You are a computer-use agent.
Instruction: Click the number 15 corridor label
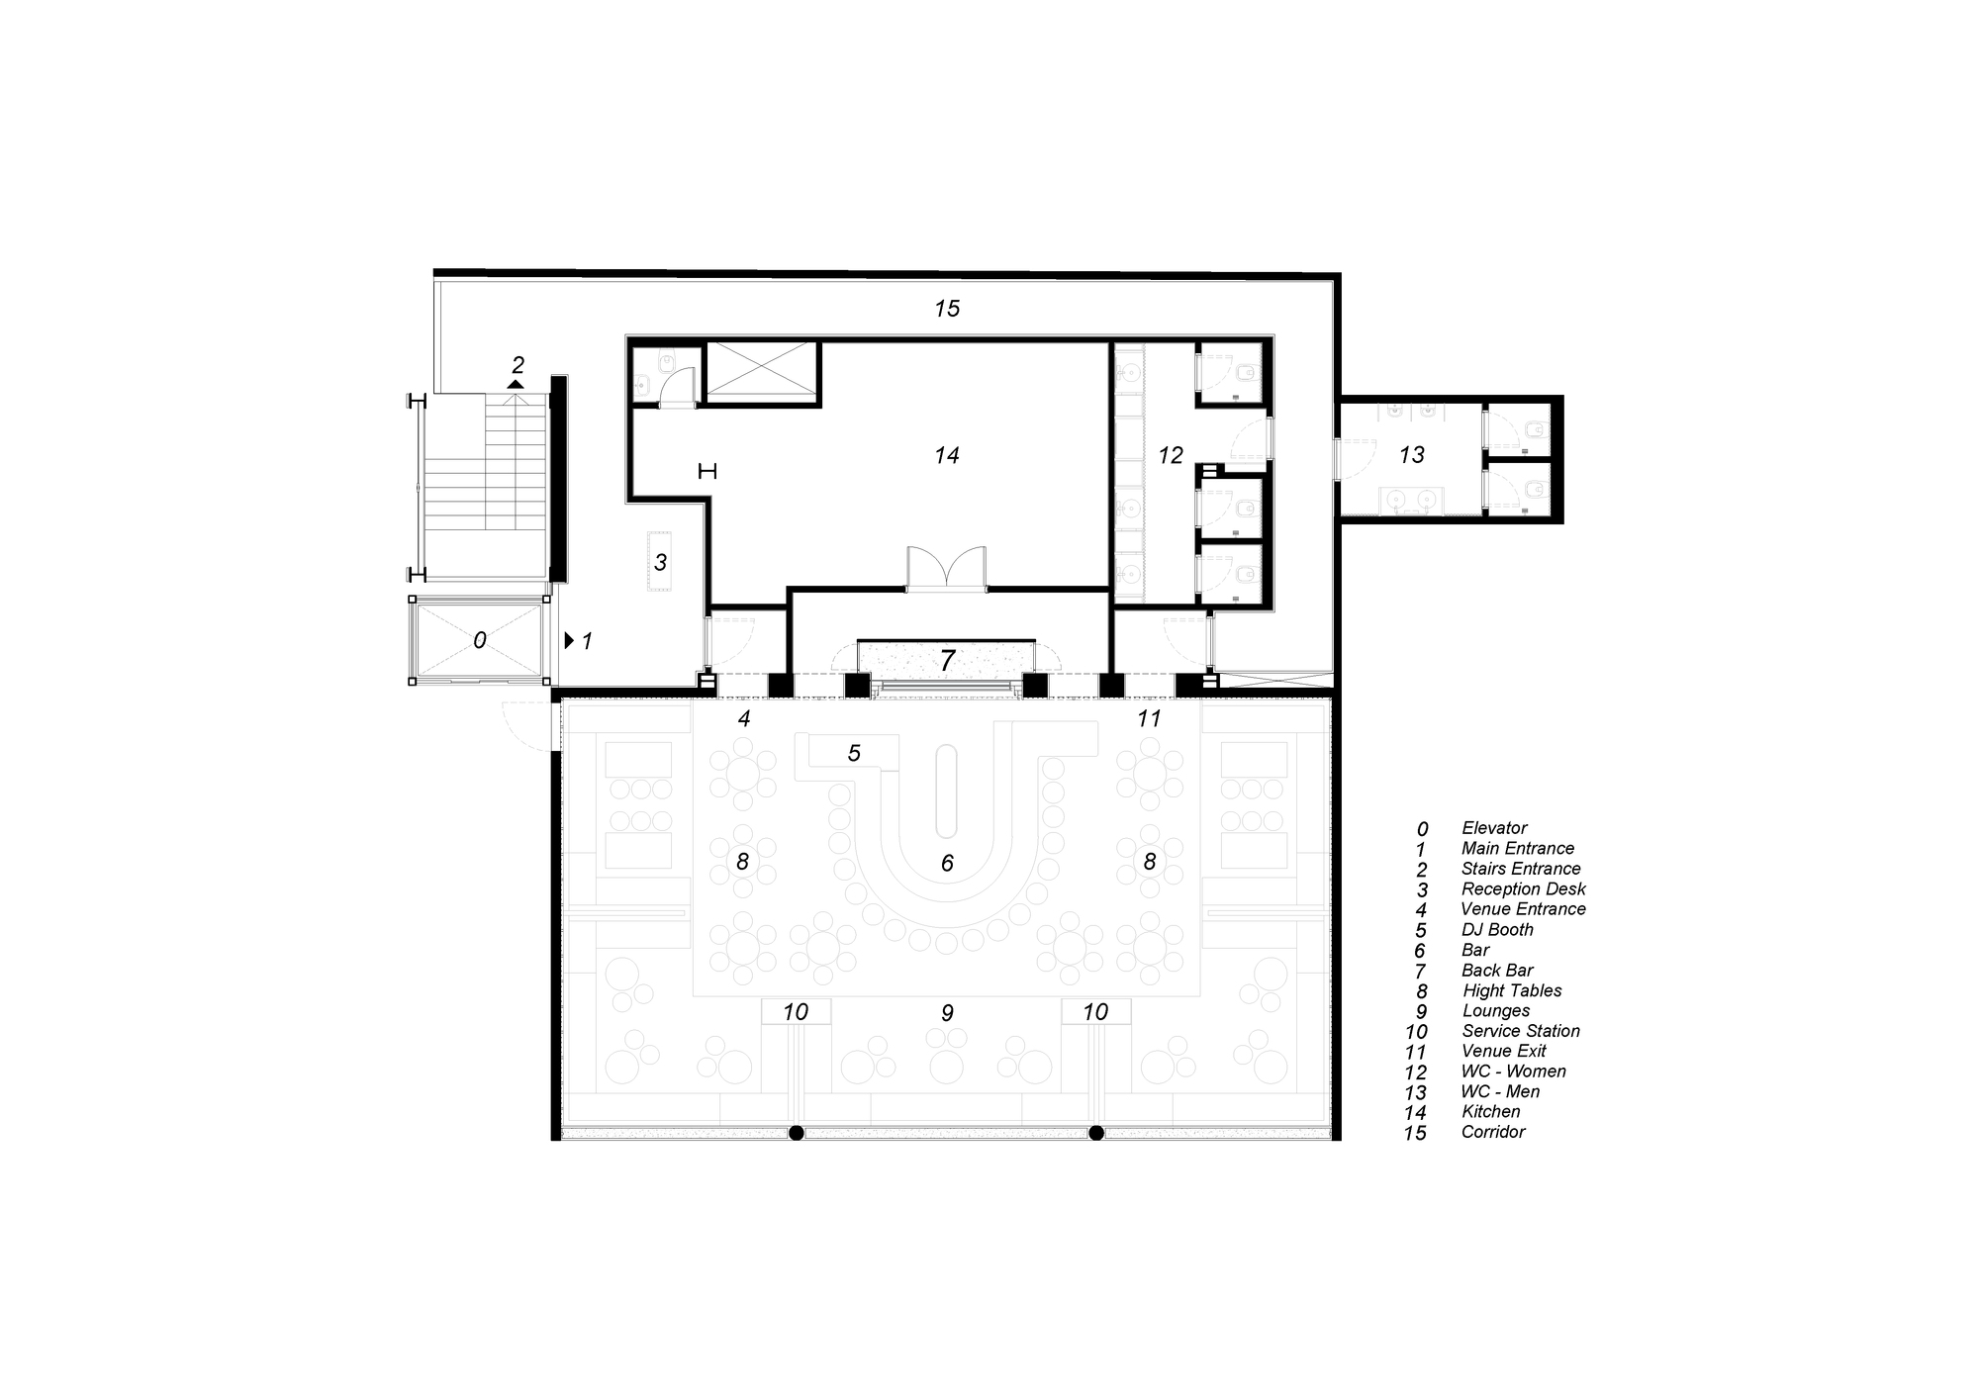947,309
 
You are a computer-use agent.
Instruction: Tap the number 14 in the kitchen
947,455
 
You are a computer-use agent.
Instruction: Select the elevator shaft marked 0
479,640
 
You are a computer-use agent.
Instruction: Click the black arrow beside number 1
569,640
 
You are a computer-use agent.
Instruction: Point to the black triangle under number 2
515,384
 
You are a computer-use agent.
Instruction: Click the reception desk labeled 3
660,561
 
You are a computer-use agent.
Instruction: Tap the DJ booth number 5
854,753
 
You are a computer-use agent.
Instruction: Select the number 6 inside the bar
947,864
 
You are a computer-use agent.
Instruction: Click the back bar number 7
947,660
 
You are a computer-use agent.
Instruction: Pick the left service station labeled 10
796,1011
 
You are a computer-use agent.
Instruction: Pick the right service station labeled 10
1095,1011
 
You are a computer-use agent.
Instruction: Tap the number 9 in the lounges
947,1013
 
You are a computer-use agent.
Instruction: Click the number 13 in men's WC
1412,454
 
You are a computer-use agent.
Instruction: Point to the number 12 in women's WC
1171,455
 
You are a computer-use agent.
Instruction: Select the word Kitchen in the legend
1492,1111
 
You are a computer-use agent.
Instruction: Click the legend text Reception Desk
1523,888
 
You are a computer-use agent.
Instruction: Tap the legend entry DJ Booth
1497,929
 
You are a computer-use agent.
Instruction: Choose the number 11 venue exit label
1149,718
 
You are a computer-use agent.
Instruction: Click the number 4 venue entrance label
744,719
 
